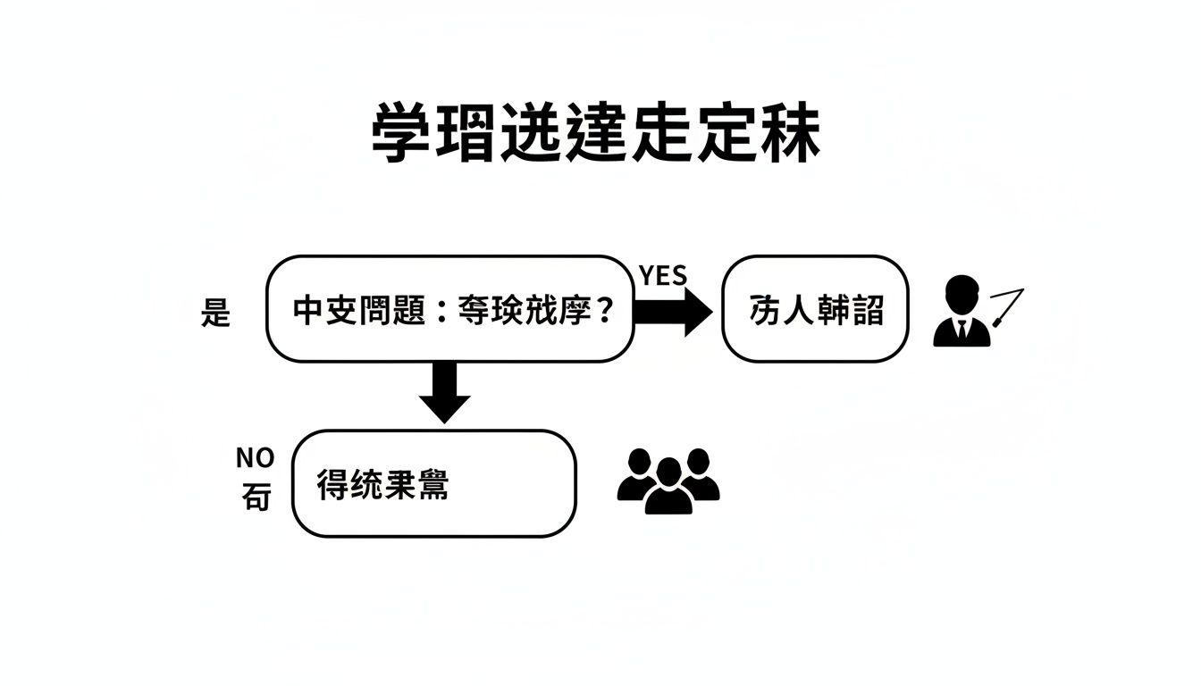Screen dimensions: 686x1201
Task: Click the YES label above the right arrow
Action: click(663, 276)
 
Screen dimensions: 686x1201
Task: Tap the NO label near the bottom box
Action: click(255, 458)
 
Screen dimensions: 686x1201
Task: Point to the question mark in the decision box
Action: click(604, 311)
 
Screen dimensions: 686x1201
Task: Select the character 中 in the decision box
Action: click(308, 310)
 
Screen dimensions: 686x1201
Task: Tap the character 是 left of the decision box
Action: click(215, 313)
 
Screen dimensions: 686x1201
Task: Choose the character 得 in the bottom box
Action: click(332, 484)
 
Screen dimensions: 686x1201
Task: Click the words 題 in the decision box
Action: click(407, 310)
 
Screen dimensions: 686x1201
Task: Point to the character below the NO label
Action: click(256, 498)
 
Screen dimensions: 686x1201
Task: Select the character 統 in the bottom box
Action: click(365, 484)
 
